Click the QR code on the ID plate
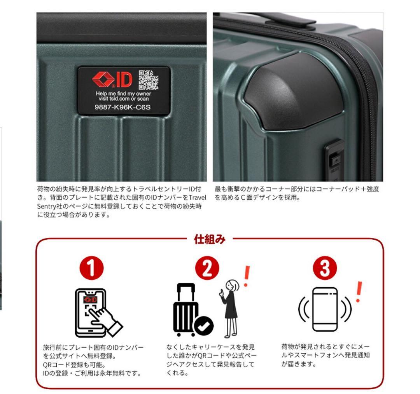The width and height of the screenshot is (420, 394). (149, 80)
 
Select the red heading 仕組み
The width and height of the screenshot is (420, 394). (209, 240)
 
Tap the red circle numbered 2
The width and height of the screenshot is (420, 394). (207, 268)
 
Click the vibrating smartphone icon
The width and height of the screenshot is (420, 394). (325, 309)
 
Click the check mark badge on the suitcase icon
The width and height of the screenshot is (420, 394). (204, 327)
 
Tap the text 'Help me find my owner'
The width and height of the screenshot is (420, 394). (123, 94)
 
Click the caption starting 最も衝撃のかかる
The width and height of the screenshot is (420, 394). (296, 193)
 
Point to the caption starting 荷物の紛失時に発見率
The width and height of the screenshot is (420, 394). (121, 202)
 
